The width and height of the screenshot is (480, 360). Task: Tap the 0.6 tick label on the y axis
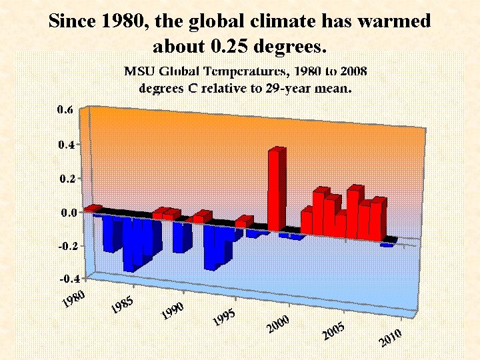[65, 111]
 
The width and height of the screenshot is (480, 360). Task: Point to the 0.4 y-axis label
[65, 144]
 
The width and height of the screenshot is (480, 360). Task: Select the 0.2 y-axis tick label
[65, 179]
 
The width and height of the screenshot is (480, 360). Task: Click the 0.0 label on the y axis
[65, 213]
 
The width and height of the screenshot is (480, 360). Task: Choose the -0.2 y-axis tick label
[63, 245]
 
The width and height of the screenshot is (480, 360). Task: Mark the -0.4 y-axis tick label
[63, 278]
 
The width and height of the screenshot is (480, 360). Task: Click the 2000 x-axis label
[277, 326]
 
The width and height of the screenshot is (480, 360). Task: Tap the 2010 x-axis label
[390, 338]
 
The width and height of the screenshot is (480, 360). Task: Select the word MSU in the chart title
[141, 70]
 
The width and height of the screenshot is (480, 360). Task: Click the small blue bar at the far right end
[387, 245]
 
